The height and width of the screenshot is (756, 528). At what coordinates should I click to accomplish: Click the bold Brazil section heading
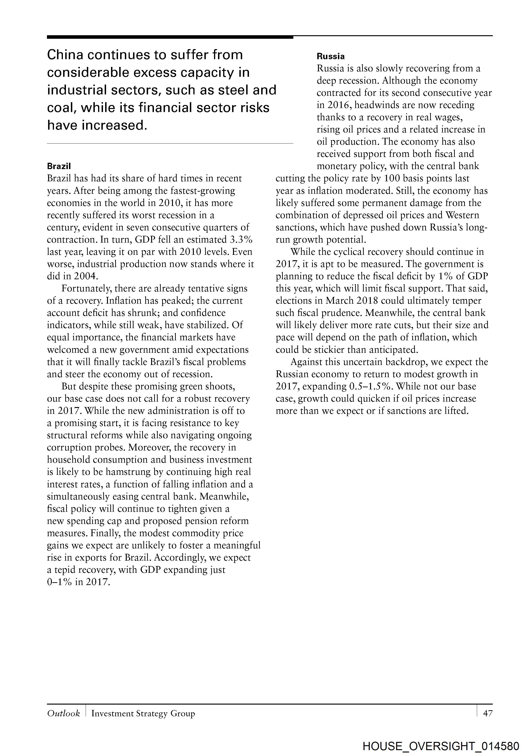click(x=59, y=166)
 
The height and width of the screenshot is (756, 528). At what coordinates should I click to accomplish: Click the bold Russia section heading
click(x=331, y=56)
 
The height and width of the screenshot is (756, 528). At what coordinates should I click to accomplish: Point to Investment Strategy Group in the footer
click(x=143, y=713)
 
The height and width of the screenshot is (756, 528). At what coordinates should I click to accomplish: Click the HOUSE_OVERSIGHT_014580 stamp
click(x=441, y=746)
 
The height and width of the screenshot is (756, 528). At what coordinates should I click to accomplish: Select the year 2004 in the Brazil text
click(x=84, y=276)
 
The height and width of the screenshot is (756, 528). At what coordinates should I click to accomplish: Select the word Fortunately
click(x=87, y=288)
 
